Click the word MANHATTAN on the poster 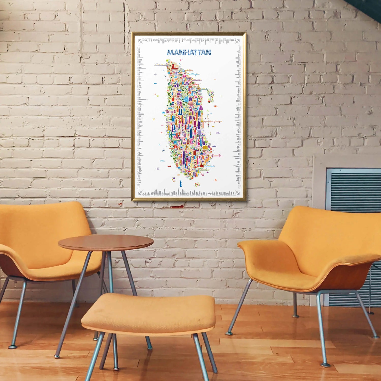coord(189,52)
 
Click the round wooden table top coord(106,242)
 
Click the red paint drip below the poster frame coord(177,207)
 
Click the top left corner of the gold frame coord(133,33)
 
